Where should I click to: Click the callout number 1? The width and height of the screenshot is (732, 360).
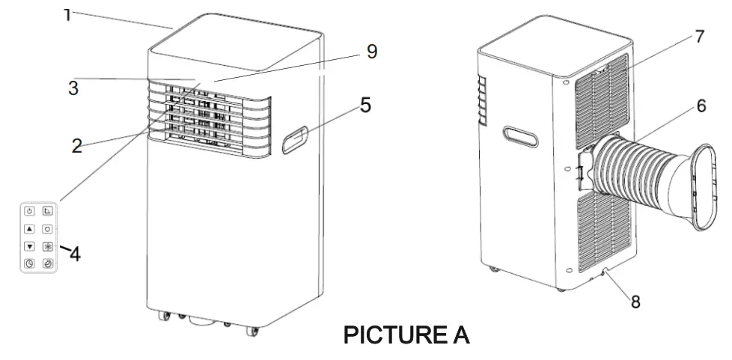point(67,13)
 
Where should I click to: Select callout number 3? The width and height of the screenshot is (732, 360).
point(73,88)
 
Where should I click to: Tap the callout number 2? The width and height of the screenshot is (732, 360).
point(76,145)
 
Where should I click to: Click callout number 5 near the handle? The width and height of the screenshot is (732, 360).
point(365,105)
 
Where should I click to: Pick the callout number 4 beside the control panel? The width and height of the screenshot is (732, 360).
point(75,254)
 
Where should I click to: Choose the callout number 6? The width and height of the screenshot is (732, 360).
point(701,106)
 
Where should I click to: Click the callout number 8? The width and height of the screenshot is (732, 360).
point(635,302)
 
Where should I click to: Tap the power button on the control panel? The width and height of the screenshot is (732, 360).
point(29,211)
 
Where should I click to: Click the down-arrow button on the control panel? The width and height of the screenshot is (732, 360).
point(29,246)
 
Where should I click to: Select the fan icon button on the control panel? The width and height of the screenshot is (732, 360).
point(46,246)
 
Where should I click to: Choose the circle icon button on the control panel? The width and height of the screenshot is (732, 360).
point(46,229)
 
